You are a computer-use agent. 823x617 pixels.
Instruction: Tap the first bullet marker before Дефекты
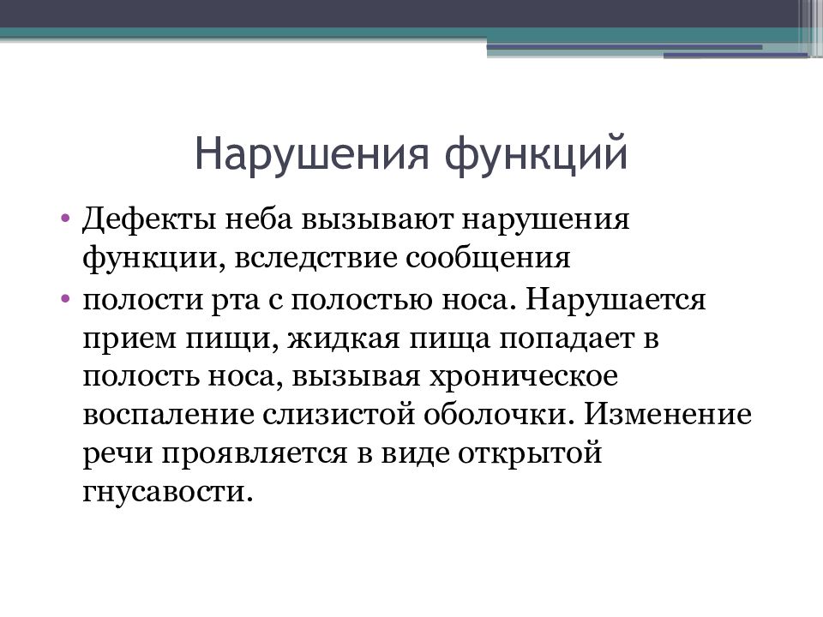pos(66,221)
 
